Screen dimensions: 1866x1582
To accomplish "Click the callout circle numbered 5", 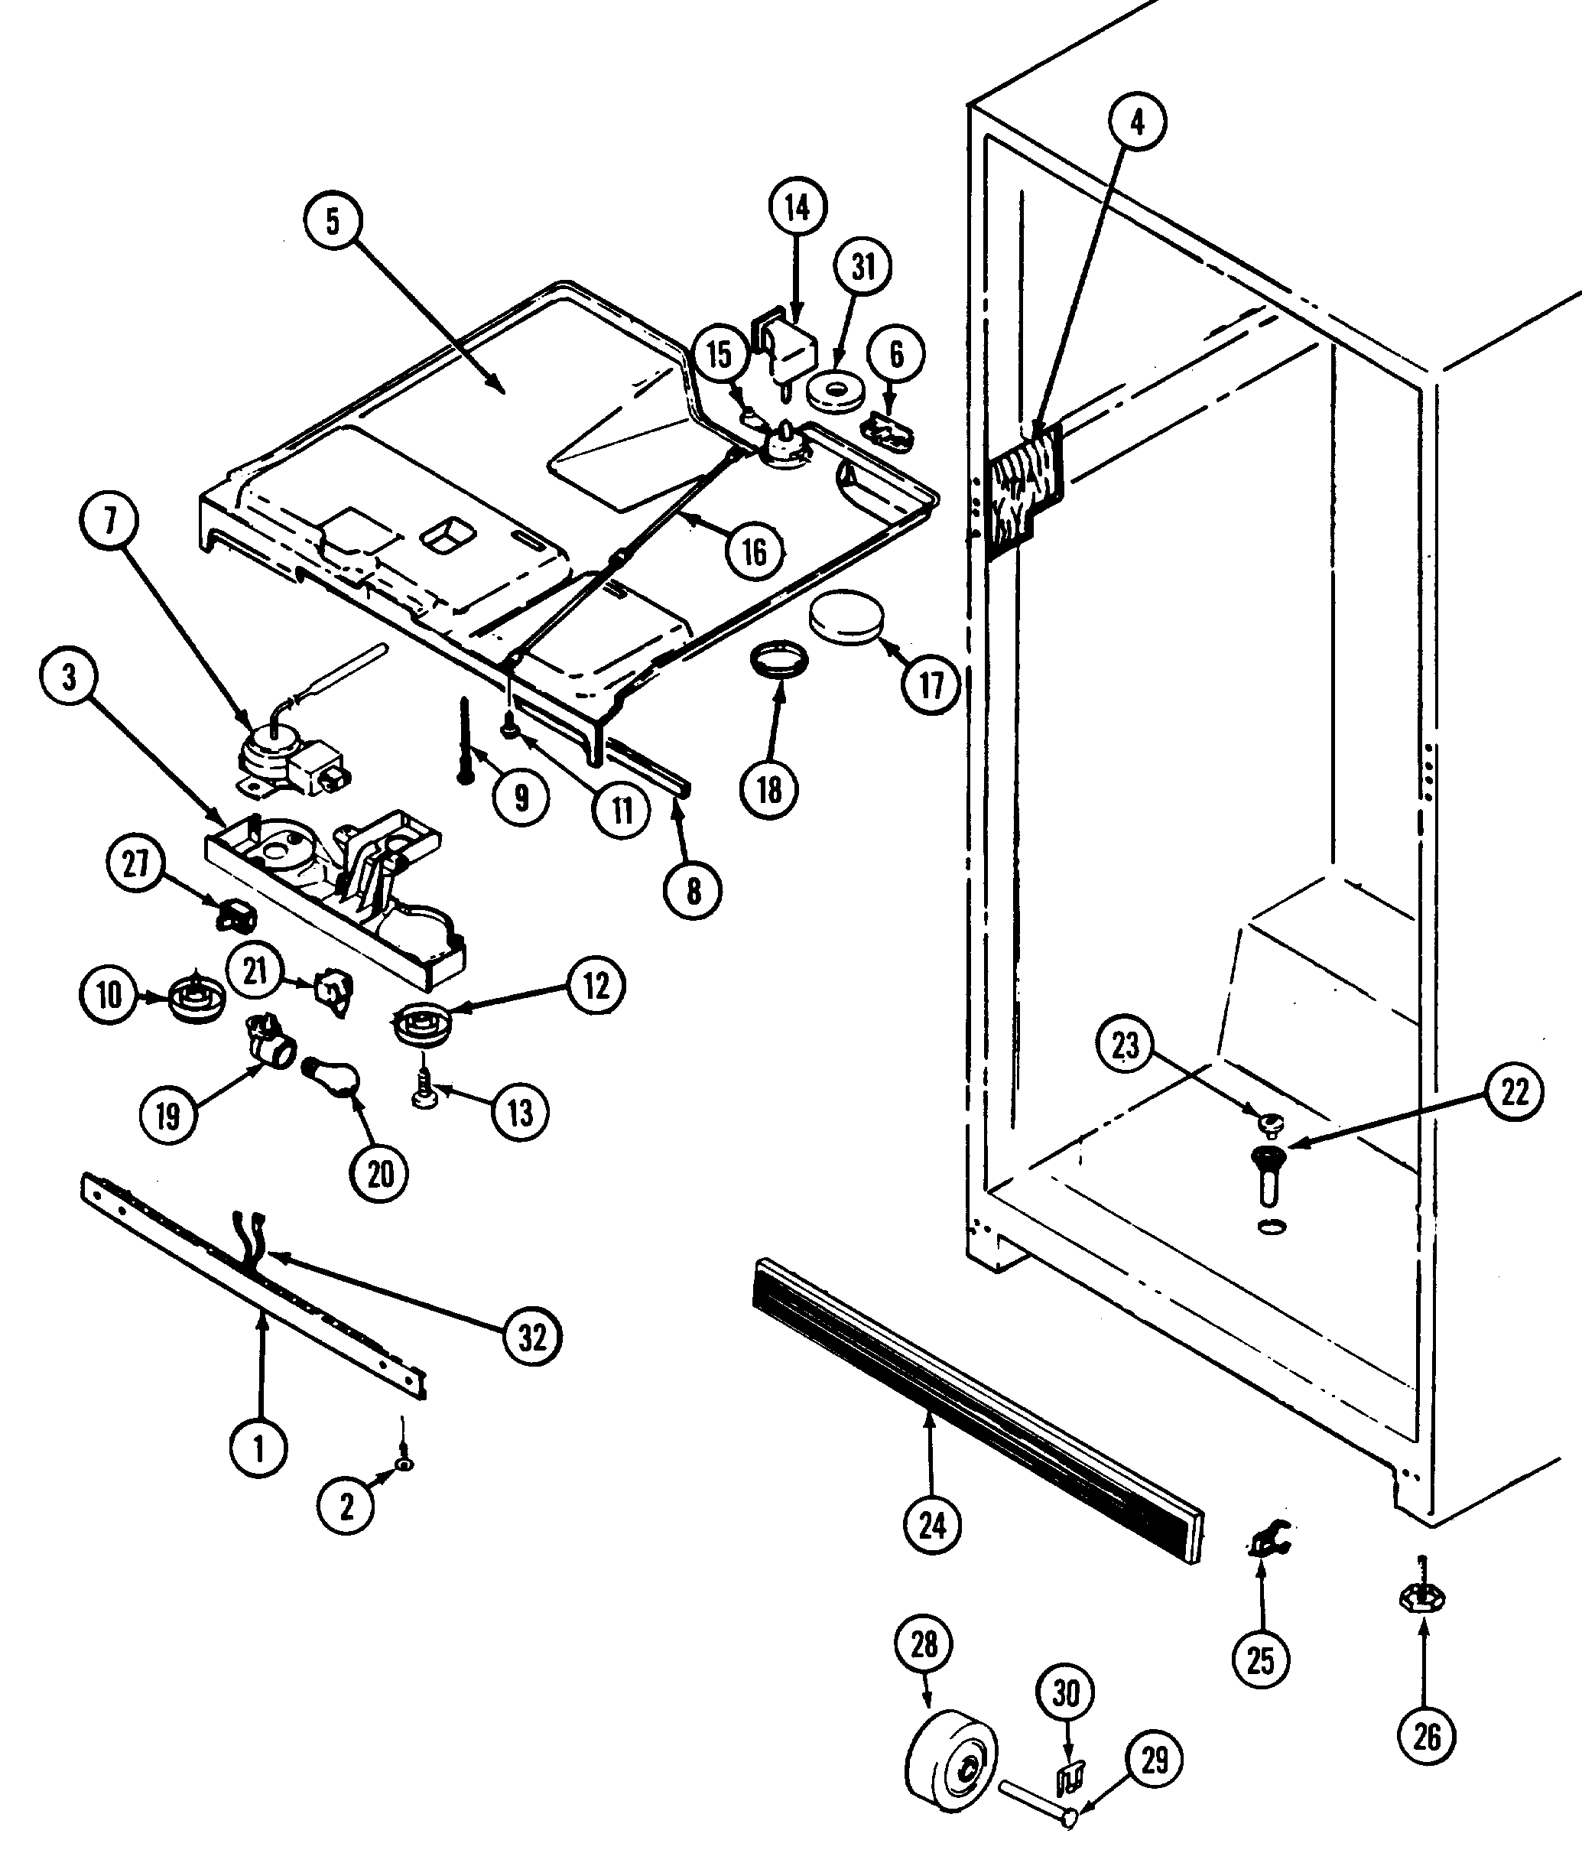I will click(333, 222).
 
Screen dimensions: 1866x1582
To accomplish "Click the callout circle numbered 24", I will click(932, 1524).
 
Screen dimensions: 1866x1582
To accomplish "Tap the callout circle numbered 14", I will click(797, 208).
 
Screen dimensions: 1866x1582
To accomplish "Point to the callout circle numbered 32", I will click(532, 1337).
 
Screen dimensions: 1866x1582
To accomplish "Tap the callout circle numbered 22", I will click(1514, 1093).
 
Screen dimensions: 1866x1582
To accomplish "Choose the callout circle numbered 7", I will click(110, 522).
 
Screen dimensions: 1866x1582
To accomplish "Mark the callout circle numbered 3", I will click(69, 678).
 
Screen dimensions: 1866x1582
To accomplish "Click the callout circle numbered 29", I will click(1153, 1760).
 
